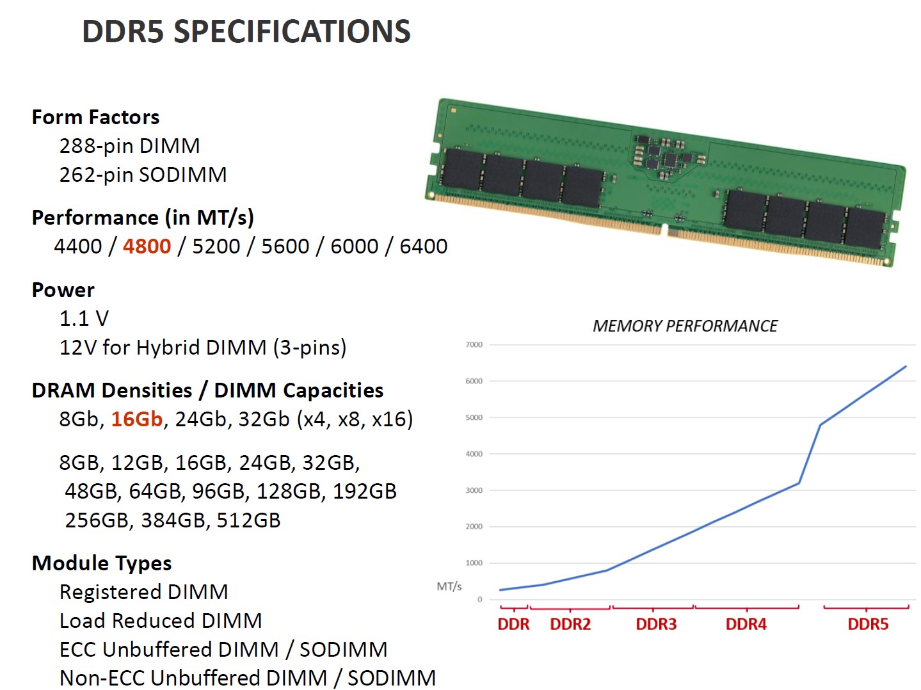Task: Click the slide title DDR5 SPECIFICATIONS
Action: click(246, 31)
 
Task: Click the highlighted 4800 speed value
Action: click(147, 246)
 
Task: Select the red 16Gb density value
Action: click(137, 419)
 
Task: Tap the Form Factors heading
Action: click(95, 117)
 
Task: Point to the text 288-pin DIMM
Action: click(129, 146)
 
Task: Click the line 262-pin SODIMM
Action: click(143, 175)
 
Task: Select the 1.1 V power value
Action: click(84, 318)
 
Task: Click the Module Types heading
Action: click(102, 563)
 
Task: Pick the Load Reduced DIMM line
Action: click(161, 621)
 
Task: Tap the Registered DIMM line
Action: click(143, 592)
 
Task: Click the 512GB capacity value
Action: click(248, 520)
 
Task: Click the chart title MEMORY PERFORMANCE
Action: click(685, 326)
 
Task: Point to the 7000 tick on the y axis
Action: click(474, 345)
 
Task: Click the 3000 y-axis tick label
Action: click(474, 491)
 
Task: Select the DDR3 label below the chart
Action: click(656, 624)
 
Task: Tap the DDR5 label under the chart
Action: click(868, 624)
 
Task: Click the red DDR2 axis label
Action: click(570, 624)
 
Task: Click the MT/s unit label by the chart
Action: click(449, 586)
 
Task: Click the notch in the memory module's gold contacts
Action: click(664, 230)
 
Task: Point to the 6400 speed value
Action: click(423, 246)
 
